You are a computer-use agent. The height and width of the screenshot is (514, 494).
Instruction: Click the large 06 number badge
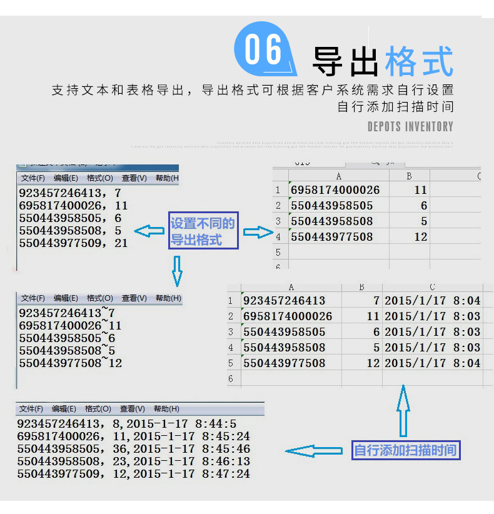263,51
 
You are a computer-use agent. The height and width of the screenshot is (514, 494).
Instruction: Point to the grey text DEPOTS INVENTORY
410,127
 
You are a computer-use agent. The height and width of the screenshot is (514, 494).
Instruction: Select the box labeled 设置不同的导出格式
203,231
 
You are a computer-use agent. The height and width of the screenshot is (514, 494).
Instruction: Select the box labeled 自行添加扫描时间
406,450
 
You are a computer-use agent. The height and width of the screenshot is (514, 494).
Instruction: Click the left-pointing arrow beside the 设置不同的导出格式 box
149,231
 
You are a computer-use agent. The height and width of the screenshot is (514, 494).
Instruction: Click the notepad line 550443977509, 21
74,243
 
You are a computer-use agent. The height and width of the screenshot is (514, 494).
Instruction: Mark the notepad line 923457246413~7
68,313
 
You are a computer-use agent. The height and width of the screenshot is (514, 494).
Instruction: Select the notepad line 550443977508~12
71,363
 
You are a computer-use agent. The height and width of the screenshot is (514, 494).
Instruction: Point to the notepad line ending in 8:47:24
134,474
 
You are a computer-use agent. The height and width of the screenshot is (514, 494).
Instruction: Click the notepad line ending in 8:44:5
127,424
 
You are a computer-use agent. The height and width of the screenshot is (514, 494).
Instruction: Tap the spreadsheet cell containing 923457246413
285,301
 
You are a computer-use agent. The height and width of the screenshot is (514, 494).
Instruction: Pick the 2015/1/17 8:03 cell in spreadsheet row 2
433,316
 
